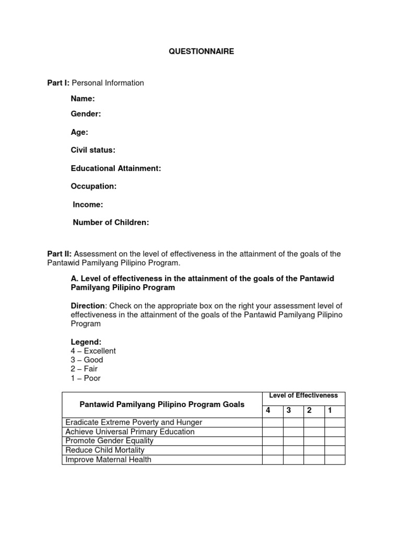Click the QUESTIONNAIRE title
pyautogui.click(x=201, y=52)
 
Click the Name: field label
pyautogui.click(x=82, y=99)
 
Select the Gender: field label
pyautogui.click(x=86, y=114)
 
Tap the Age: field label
pyautogui.click(x=79, y=132)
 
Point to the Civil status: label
pyautogui.click(x=93, y=150)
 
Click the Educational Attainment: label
pyautogui.click(x=116, y=168)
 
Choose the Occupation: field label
pyautogui.click(x=93, y=186)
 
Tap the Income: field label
pyautogui.click(x=88, y=205)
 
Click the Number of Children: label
pyautogui.click(x=111, y=223)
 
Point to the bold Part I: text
pyautogui.click(x=58, y=83)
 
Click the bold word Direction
pyautogui.click(x=88, y=306)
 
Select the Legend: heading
pyautogui.click(x=86, y=342)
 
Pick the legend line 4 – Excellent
pyautogui.click(x=93, y=351)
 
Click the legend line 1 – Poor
pyautogui.click(x=86, y=378)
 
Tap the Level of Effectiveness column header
pyautogui.click(x=303, y=396)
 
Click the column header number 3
pyautogui.click(x=288, y=411)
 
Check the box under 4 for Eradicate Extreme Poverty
pyautogui.click(x=272, y=423)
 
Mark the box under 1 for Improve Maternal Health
pyautogui.click(x=334, y=460)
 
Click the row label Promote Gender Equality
pyautogui.click(x=109, y=441)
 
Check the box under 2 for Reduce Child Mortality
pyautogui.click(x=314, y=450)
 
